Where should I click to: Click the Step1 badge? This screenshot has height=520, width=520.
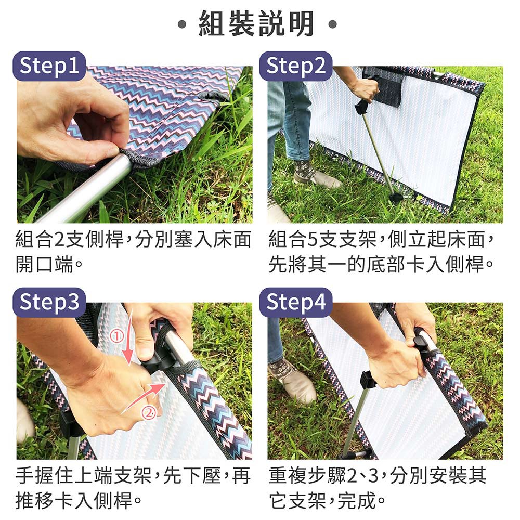coord(49,66)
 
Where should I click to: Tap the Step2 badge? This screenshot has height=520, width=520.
coord(296,66)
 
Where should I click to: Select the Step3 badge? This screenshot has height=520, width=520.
coord(49,303)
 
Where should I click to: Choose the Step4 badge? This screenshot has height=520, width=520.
coord(296,303)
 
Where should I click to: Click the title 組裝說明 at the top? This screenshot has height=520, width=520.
coord(256,23)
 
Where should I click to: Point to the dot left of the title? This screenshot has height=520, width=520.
coord(182,24)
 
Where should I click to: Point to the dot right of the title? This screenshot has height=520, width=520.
coord(333,24)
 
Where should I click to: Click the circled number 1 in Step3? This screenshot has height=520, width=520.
coord(116,336)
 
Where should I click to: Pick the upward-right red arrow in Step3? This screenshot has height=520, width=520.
coord(144,397)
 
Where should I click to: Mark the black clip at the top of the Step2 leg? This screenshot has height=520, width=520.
coord(361,107)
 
